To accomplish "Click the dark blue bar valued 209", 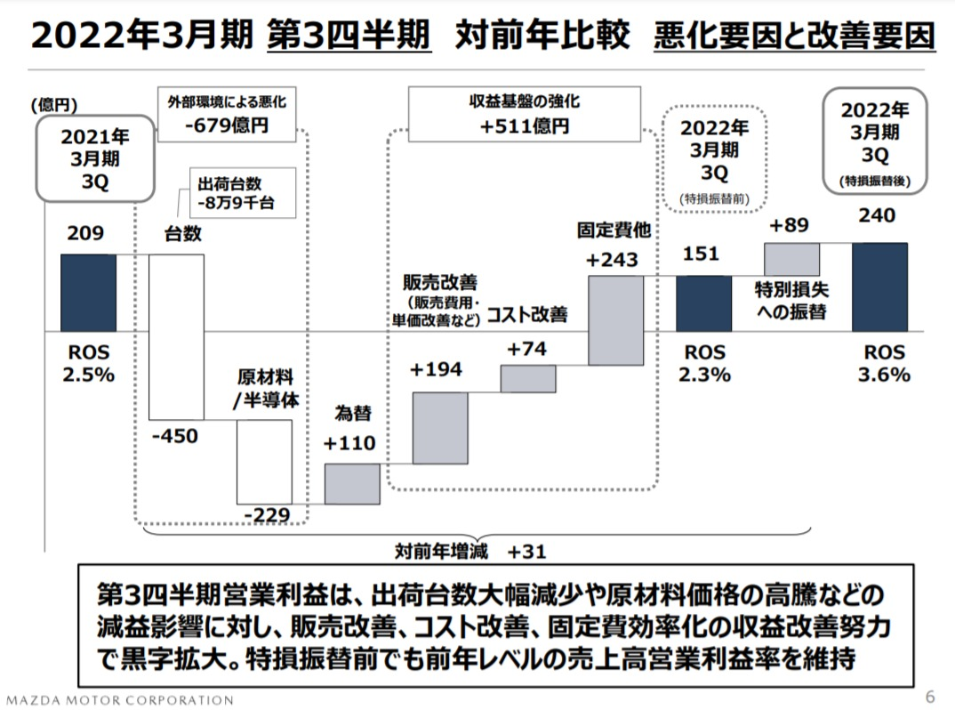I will (88, 293).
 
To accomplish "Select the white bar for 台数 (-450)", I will (177, 336).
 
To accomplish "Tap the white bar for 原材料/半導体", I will (264, 461).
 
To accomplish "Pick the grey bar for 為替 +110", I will (352, 484).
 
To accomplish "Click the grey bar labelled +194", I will (440, 427).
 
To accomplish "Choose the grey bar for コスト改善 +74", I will (527, 378).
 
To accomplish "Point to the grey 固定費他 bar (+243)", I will (615, 320).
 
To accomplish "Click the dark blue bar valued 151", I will (703, 303).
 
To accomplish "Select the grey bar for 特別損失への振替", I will (791, 258).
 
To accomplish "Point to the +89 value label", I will (790, 226).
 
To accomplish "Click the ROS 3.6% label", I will (884, 364).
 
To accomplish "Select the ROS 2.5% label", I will (88, 364).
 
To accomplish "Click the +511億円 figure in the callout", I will (526, 126).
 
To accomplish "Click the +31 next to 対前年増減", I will (526, 552).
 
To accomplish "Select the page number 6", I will (930, 695).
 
